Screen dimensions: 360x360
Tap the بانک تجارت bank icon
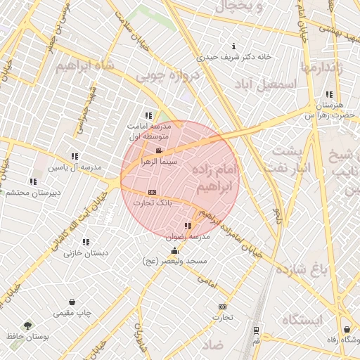pos(152,193)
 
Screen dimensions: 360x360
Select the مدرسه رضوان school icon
pos(187,226)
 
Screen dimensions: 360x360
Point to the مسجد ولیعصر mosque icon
pos(174,250)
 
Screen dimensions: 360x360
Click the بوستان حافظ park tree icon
pos(27,326)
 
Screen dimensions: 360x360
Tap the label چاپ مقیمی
pos(74,312)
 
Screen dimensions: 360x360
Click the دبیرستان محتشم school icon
pos(33,181)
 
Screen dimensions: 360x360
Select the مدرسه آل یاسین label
pos(75,167)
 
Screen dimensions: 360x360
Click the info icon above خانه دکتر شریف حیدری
pos(233,46)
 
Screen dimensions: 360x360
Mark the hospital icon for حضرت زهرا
pos(329,94)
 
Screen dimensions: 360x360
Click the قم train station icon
pos(256,329)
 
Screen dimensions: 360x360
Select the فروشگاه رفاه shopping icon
pos(347,329)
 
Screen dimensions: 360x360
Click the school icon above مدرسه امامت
pos(148,115)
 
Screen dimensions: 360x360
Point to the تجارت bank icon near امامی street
pos(223,307)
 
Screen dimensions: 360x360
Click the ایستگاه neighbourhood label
pos(302,321)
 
